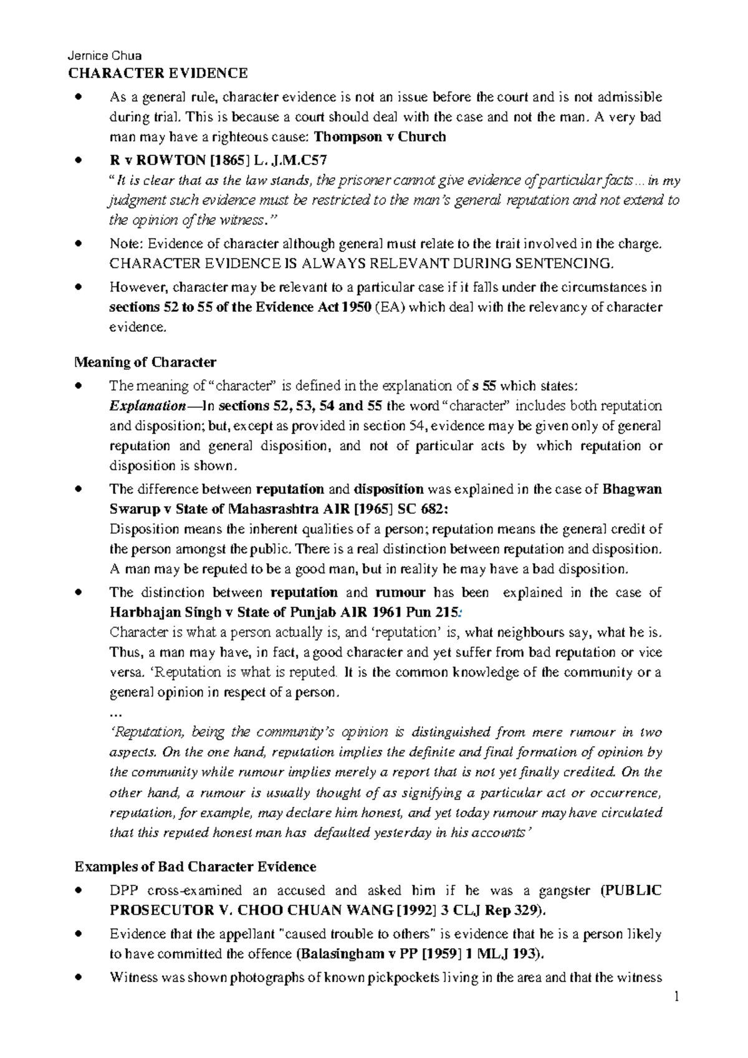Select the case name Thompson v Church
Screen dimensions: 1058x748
pyautogui.click(x=380, y=137)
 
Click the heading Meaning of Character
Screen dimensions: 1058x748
pyautogui.click(x=145, y=362)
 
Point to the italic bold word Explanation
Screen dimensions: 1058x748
pyautogui.click(x=147, y=406)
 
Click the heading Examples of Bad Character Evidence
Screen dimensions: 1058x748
pyautogui.click(x=195, y=867)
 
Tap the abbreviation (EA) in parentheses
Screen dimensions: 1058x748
pyautogui.click(x=391, y=307)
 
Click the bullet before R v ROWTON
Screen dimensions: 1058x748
pyautogui.click(x=78, y=160)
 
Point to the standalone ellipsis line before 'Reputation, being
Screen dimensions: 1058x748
pyautogui.click(x=115, y=713)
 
